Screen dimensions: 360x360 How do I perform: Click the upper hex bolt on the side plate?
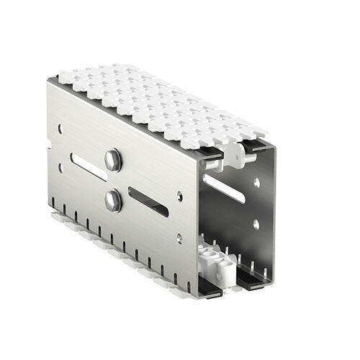pyautogui.click(x=113, y=160)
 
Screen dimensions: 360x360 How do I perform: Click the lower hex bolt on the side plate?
pyautogui.click(x=113, y=199)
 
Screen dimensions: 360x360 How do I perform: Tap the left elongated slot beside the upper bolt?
pyautogui.click(x=89, y=166)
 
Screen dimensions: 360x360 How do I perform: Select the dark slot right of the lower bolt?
pyautogui.click(x=148, y=202)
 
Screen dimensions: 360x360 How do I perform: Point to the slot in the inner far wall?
pyautogui.click(x=224, y=188)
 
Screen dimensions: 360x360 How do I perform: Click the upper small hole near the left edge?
pyautogui.click(x=60, y=129)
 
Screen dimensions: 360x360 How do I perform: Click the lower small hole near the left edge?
pyautogui.click(x=60, y=168)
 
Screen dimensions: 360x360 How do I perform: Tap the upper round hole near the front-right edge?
pyautogui.click(x=179, y=195)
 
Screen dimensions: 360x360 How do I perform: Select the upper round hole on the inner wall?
pyautogui.click(x=256, y=183)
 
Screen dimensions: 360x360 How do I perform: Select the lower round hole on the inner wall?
pyautogui.click(x=256, y=224)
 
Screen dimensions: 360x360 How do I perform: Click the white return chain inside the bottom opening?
pyautogui.click(x=215, y=264)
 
